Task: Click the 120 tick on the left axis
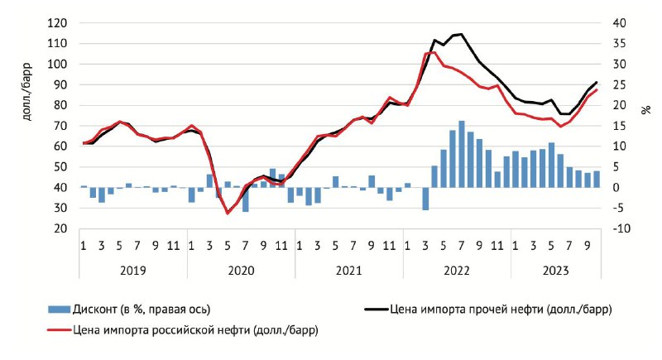pos(56,23)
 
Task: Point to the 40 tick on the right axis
pos(620,23)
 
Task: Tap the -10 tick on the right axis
pos(619,229)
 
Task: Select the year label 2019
pos(133,271)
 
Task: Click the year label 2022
pos(457,271)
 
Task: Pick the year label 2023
pos(555,271)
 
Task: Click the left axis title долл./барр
pos(27,92)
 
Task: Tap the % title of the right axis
pos(646,110)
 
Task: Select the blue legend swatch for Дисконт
pos(59,310)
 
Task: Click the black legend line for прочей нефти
pos(376,310)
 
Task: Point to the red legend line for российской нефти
pos(59,330)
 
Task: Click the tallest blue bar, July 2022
pos(462,154)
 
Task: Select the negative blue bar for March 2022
pos(425,199)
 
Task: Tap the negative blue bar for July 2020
pos(245,199)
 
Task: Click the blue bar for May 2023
pos(551,165)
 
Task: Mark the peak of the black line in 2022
pos(462,34)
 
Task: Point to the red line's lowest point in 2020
pos(228,214)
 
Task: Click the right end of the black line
pos(597,82)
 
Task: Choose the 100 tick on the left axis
pos(56,65)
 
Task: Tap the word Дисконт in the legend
pos(94,310)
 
